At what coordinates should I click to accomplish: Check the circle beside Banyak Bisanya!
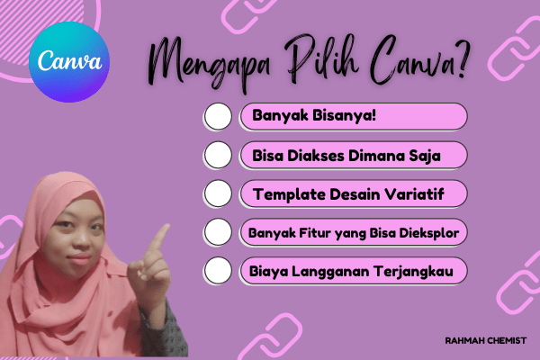219,117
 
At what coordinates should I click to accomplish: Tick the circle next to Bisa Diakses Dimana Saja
219,156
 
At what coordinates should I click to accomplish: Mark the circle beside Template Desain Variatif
219,193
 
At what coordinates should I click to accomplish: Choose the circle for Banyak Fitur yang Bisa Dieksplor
219,232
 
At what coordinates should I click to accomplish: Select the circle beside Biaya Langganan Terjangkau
219,270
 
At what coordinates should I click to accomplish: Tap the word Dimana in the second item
378,156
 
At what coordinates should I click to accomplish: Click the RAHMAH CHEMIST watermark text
485,340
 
